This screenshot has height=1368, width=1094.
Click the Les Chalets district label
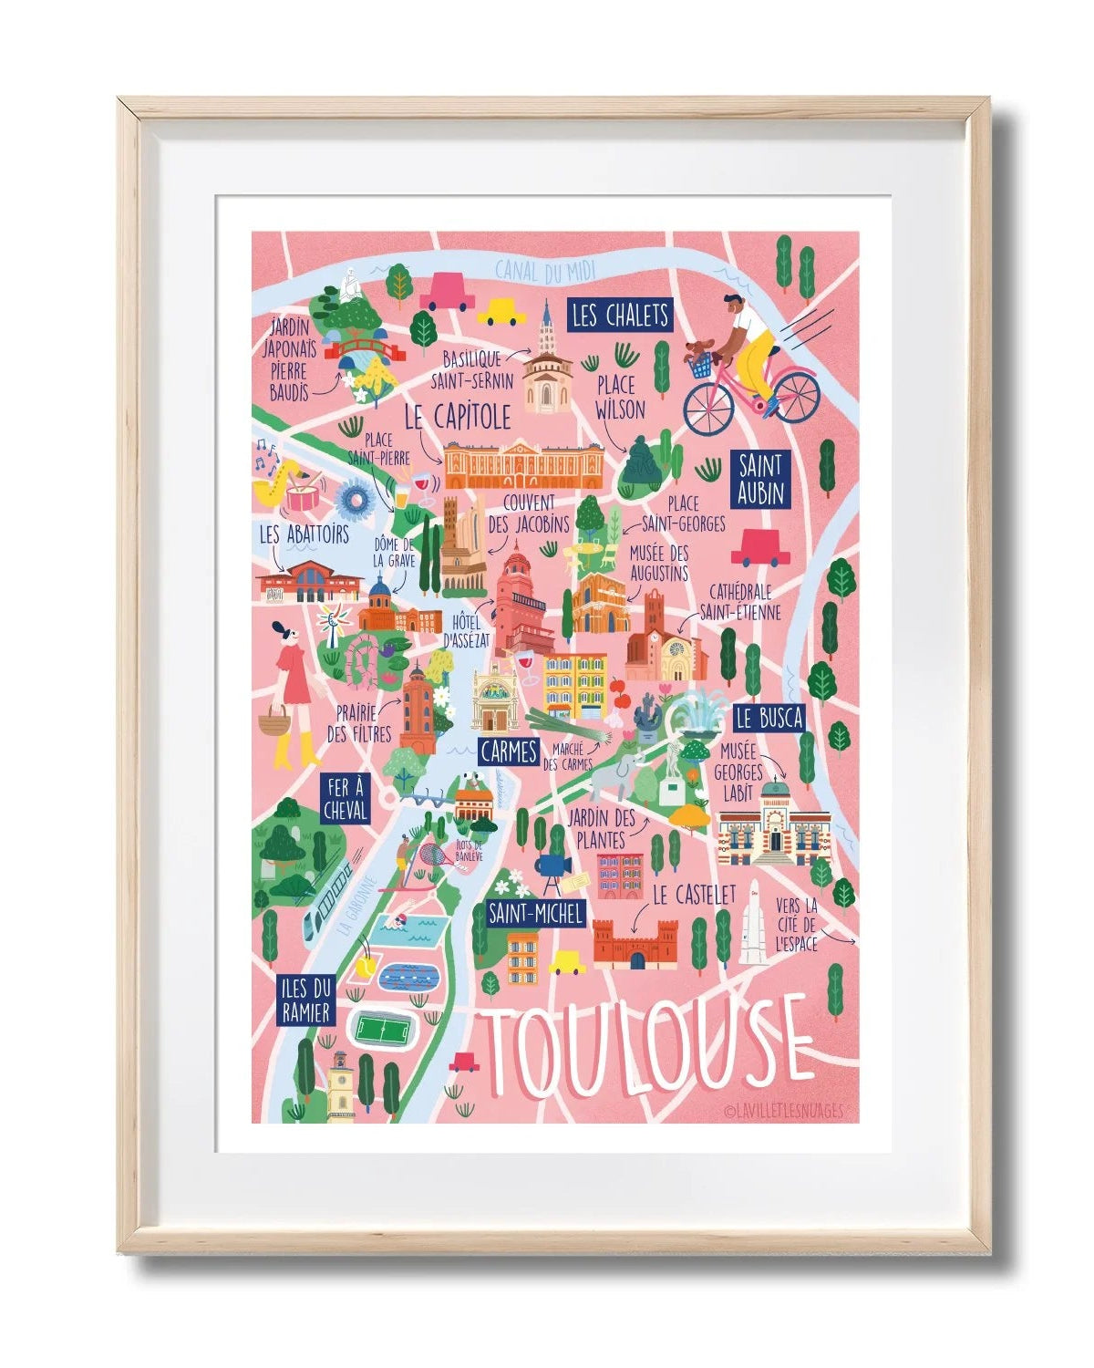point(620,316)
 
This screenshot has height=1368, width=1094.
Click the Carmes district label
point(508,751)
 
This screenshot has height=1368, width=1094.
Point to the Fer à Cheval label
point(345,798)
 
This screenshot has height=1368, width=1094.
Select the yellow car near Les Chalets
point(501,315)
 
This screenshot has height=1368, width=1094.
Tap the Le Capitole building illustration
point(523,464)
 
